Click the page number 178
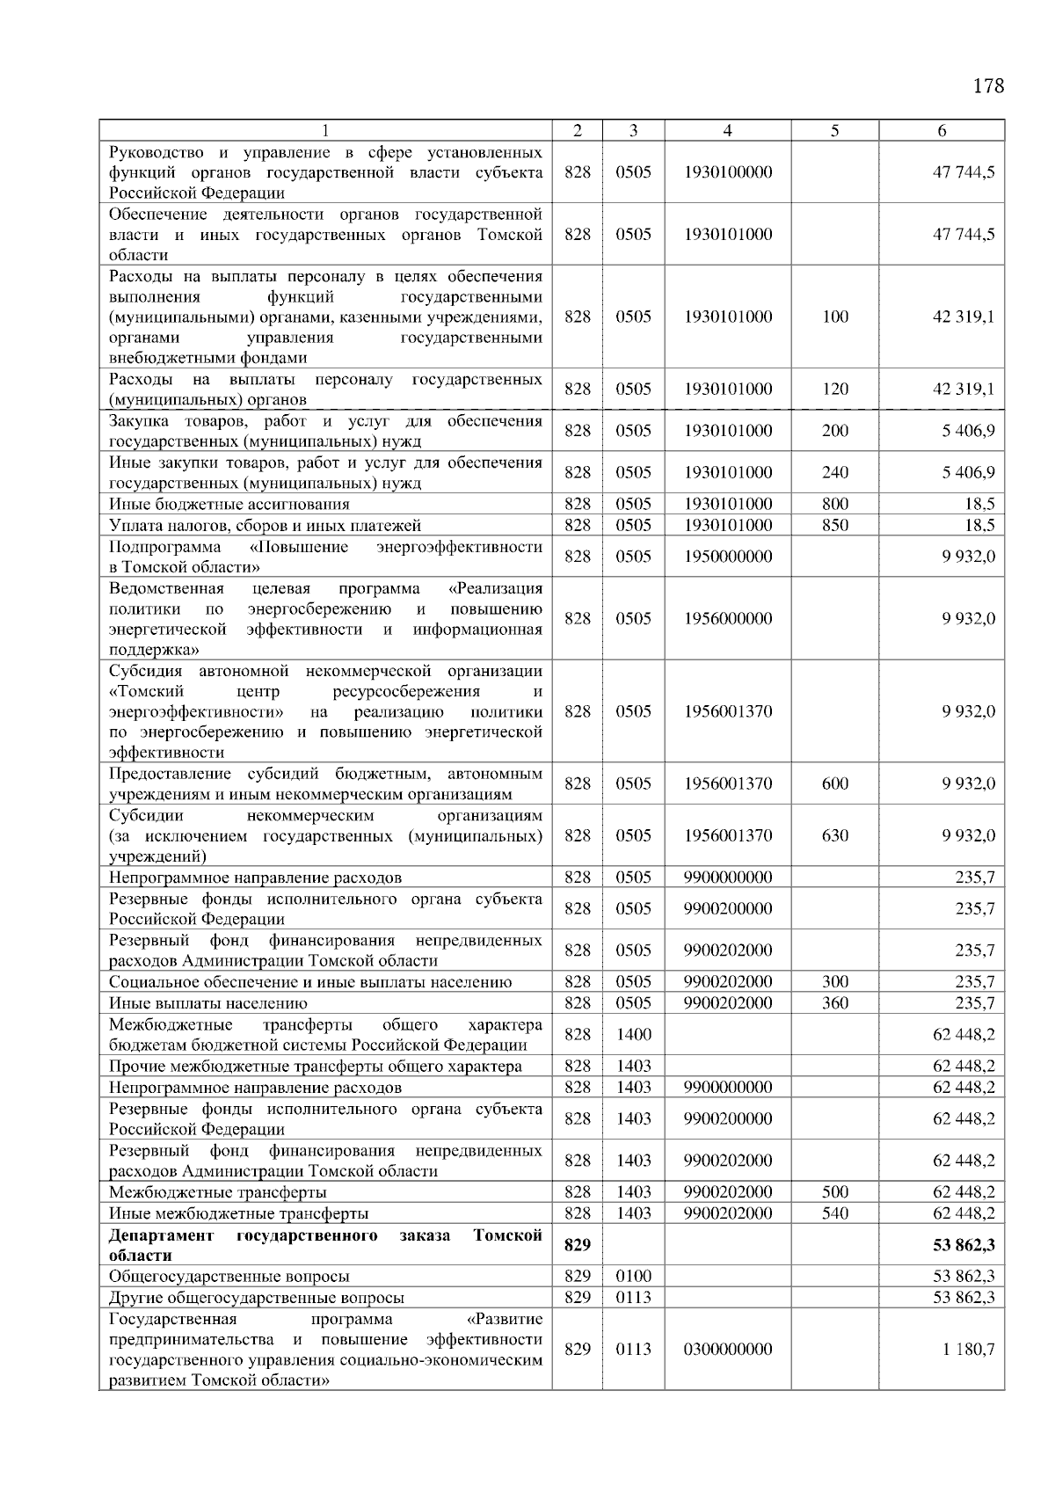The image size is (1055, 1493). [988, 85]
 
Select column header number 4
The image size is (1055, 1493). [727, 130]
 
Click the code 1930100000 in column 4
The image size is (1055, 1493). [727, 172]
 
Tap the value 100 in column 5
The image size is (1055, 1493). [834, 317]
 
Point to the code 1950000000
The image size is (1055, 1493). [727, 557]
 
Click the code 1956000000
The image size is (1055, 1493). [727, 618]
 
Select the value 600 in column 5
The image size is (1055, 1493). [834, 783]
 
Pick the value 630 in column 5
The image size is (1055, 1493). [834, 835]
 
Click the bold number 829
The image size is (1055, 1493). [577, 1245]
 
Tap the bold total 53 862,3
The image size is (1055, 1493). [964, 1245]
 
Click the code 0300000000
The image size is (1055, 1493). [727, 1349]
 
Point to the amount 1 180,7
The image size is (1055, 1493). [968, 1349]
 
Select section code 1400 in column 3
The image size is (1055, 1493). [633, 1034]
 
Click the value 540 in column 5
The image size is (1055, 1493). [834, 1213]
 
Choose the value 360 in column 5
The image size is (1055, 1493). [834, 1003]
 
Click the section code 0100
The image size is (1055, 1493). [633, 1276]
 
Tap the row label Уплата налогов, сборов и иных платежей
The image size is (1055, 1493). [265, 526]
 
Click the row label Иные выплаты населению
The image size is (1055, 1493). [208, 1003]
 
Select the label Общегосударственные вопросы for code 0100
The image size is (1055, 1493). [229, 1276]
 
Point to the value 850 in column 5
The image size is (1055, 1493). [834, 526]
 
